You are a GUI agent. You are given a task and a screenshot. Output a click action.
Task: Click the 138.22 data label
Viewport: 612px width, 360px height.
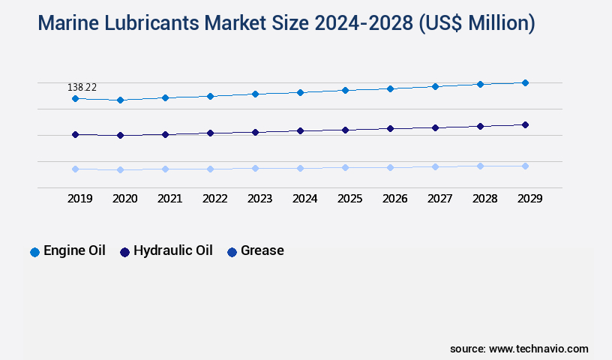[82, 88]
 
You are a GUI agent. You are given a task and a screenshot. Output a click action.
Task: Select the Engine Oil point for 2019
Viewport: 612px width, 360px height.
[75, 98]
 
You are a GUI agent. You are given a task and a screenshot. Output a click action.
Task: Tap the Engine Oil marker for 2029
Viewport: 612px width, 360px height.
[525, 82]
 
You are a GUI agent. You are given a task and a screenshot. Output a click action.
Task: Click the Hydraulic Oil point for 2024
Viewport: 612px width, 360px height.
[300, 130]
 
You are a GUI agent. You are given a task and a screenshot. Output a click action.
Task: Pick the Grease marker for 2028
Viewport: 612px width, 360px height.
[480, 166]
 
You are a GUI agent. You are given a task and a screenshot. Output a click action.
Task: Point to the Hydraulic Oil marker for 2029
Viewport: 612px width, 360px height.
[525, 124]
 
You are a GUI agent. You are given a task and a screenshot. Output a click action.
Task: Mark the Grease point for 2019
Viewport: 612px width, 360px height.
[75, 169]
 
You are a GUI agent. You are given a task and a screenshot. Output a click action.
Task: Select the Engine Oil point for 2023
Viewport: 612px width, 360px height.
[255, 94]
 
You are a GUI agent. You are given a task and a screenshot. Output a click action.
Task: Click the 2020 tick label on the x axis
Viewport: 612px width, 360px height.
[124, 199]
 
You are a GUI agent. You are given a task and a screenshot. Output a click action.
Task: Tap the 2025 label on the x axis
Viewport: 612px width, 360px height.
[349, 199]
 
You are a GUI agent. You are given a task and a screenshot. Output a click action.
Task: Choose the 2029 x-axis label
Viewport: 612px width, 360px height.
[529, 199]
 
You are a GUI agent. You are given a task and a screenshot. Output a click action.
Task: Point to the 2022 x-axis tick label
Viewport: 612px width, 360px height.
[214, 199]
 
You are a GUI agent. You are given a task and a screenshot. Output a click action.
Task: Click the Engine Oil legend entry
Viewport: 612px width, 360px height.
[67, 250]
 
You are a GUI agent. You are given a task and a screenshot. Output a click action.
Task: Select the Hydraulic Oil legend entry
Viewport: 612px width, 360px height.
[166, 250]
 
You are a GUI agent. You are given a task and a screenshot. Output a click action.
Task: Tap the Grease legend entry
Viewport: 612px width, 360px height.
[256, 250]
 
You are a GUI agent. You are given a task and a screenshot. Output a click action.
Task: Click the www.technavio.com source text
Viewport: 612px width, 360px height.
[538, 349]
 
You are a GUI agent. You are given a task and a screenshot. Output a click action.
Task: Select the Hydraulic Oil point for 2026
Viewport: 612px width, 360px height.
[390, 128]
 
